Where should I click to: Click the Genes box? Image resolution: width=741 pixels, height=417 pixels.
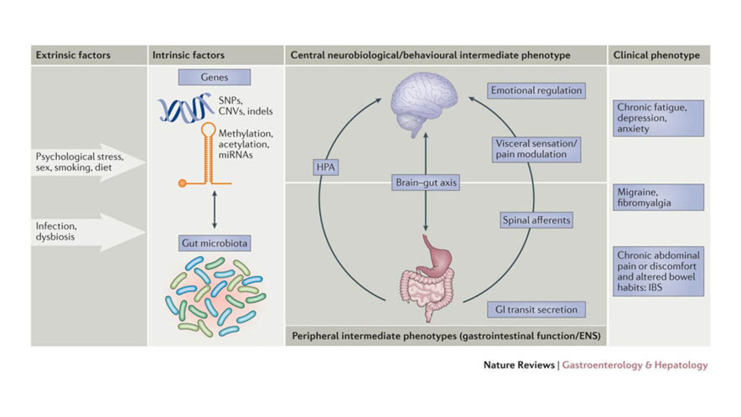pyautogui.click(x=214, y=77)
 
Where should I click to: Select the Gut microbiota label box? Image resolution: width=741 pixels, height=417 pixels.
pyautogui.click(x=214, y=243)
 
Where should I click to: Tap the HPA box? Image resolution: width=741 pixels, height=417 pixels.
pyautogui.click(x=326, y=167)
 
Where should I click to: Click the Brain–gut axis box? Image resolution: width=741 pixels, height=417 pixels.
pyautogui.click(x=425, y=183)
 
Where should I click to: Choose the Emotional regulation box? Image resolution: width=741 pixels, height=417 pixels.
pyautogui.click(x=536, y=90)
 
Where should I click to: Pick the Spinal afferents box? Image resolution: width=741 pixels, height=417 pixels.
pyautogui.click(x=536, y=220)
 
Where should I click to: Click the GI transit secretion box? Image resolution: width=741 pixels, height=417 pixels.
pyautogui.click(x=536, y=310)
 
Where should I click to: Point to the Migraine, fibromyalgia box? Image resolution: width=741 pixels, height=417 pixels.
pyautogui.click(x=658, y=197)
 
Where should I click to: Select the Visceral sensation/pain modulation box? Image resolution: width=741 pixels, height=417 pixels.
pyautogui.click(x=536, y=149)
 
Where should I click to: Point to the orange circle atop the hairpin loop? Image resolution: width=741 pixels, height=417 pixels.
pyautogui.click(x=208, y=129)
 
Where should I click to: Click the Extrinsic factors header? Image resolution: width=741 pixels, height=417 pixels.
pyautogui.click(x=73, y=55)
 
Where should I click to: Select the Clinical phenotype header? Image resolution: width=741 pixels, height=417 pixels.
pyautogui.click(x=656, y=55)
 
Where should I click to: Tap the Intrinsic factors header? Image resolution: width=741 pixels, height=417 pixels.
pyautogui.click(x=188, y=55)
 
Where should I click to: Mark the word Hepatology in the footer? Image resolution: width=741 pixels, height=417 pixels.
pyautogui.click(x=681, y=365)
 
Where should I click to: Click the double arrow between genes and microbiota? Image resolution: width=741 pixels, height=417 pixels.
pyautogui.click(x=214, y=209)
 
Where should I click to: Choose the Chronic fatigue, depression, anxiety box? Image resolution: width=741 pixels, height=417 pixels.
pyautogui.click(x=658, y=118)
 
